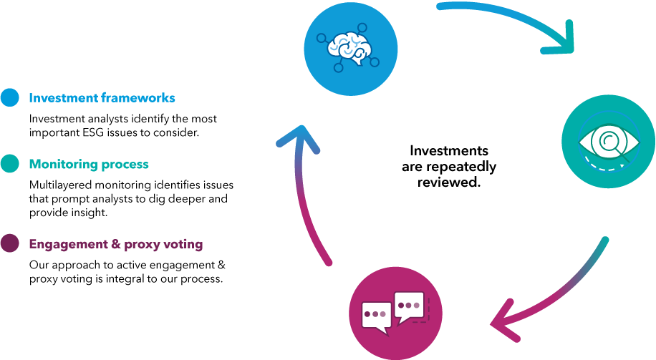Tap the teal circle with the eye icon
click(608, 142)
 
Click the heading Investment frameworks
click(102, 98)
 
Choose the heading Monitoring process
click(89, 164)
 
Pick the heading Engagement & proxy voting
click(116, 244)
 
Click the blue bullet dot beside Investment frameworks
click(10, 98)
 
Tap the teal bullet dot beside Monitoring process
click(10, 164)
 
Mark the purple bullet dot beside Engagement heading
click(10, 244)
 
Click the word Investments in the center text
click(449, 151)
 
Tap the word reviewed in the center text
click(448, 182)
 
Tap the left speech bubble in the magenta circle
click(375, 313)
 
